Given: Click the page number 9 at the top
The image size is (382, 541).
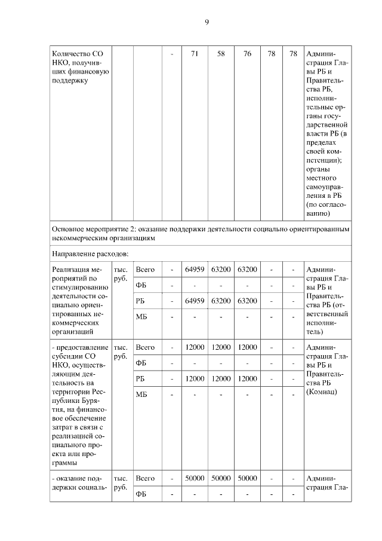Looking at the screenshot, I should click(207, 22).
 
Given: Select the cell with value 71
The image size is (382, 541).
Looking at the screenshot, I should click(194, 54).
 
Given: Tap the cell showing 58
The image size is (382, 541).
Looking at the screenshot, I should click(220, 54).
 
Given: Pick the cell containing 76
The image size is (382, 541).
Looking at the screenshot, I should click(247, 54).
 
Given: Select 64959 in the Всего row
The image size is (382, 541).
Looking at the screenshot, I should click(195, 270).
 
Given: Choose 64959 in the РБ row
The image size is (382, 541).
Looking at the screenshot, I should click(195, 300).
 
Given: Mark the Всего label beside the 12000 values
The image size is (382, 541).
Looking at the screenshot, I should click(145, 347).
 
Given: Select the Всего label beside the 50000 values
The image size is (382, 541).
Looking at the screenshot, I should click(145, 478).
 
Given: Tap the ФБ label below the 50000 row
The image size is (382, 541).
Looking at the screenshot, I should click(141, 494).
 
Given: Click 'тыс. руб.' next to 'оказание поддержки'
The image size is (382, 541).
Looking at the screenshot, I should click(121, 485).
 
